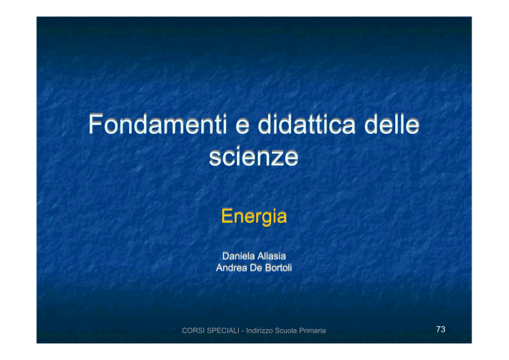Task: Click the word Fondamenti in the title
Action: pyautogui.click(x=158, y=124)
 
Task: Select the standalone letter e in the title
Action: pyautogui.click(x=242, y=127)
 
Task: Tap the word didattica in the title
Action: pyautogui.click(x=307, y=124)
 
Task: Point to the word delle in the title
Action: pyautogui.click(x=392, y=124)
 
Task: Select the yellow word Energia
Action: pyautogui.click(x=254, y=216)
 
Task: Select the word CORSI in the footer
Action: pyautogui.click(x=193, y=330)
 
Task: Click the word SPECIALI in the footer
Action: pyautogui.click(x=223, y=330)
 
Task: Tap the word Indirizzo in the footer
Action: pyautogui.click(x=259, y=330)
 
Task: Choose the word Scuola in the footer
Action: pyautogui.click(x=286, y=330)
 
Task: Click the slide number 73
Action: pyautogui.click(x=441, y=330)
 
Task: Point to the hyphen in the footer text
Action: pyautogui.click(x=243, y=331)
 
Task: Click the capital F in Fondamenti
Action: pyautogui.click(x=96, y=124)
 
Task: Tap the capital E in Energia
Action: pyautogui.click(x=227, y=216)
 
